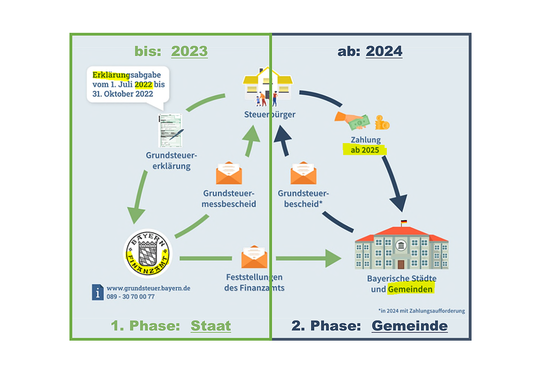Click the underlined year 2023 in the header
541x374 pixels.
[189, 51]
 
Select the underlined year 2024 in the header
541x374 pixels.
[384, 51]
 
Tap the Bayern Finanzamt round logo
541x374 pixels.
[147, 254]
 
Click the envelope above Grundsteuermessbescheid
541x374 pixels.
[229, 173]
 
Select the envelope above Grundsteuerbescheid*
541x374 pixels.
[303, 173]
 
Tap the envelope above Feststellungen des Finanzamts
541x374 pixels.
[254, 257]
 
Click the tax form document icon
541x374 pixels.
[170, 130]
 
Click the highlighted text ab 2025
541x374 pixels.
[365, 150]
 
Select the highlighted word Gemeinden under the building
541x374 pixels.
[410, 289]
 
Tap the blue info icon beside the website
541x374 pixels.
[98, 292]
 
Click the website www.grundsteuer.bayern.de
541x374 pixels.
[148, 288]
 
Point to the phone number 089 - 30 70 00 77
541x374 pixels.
[131, 296]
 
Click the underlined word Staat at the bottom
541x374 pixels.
[211, 326]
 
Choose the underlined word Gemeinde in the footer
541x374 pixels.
[409, 326]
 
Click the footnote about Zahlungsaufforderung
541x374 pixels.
[421, 311]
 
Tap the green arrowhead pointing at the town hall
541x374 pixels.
[334, 259]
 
